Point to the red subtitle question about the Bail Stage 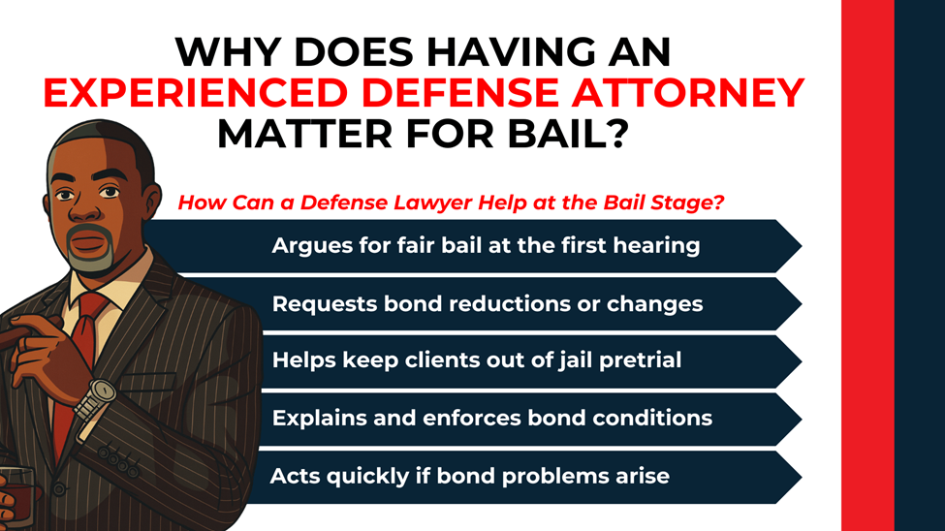(x=452, y=203)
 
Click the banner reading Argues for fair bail (x=485, y=245)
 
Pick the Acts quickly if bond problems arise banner (x=470, y=477)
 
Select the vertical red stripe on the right (x=866, y=265)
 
